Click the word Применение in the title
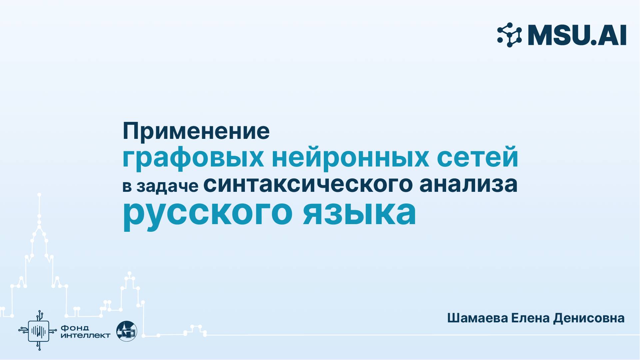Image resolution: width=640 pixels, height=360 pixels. click(x=196, y=132)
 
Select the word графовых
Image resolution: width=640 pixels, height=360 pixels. click(x=193, y=158)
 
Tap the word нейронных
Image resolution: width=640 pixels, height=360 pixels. click(x=350, y=158)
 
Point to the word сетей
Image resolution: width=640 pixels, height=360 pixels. click(x=477, y=158)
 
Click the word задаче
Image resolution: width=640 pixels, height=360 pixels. click(x=167, y=186)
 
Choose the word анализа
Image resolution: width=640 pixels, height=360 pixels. click(x=468, y=184)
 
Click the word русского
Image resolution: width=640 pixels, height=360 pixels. click(x=207, y=213)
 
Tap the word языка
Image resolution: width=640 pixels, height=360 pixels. click(x=359, y=213)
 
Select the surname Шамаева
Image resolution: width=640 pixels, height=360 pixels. click(x=477, y=318)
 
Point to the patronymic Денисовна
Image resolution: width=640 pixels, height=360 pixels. click(x=589, y=318)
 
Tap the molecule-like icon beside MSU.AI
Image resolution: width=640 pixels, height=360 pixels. click(x=509, y=35)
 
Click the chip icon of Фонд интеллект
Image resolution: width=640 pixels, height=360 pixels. click(x=39, y=331)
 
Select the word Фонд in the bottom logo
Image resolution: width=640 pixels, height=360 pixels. click(x=75, y=328)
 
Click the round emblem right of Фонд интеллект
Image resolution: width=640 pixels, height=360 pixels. click(x=127, y=331)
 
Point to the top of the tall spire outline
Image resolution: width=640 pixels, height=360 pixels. click(x=39, y=194)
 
